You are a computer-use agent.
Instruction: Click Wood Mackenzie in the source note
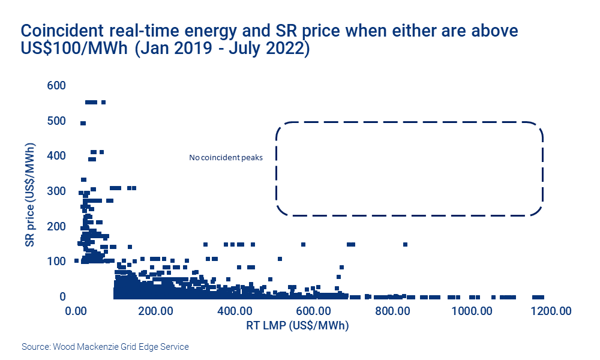pos(88,347)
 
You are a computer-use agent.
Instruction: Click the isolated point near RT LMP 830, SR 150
pos(406,244)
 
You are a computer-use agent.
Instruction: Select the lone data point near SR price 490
pos(83,123)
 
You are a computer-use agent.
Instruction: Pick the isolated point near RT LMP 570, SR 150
pos(303,244)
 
